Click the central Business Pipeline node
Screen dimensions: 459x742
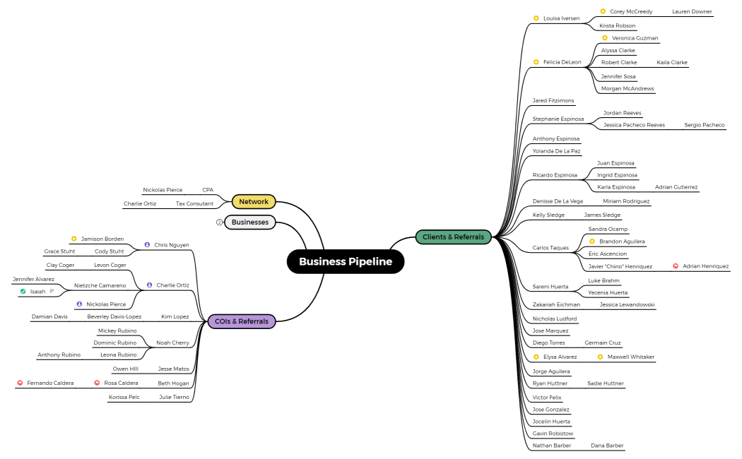coord(346,262)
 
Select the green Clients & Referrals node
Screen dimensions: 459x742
coord(453,237)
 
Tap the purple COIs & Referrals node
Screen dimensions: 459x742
coord(242,321)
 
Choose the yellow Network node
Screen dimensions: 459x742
coord(254,202)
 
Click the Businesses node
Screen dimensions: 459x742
coord(250,222)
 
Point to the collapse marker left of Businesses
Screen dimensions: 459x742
coord(219,222)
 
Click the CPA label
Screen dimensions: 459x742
coord(208,190)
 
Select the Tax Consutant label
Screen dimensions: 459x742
coord(194,204)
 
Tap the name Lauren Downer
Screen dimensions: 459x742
coord(692,11)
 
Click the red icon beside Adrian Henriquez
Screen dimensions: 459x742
coord(676,266)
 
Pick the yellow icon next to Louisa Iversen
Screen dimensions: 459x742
coord(536,18)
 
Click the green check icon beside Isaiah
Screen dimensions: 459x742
coord(23,292)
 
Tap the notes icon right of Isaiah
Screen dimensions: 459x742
coord(52,292)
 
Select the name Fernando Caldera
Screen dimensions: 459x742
coord(50,383)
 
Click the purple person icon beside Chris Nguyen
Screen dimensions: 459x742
coord(147,245)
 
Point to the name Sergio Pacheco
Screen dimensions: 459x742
coord(704,125)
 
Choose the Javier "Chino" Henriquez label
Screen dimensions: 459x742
coord(620,266)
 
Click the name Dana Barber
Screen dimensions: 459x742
coord(607,446)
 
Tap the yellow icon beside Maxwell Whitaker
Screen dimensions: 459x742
coord(600,357)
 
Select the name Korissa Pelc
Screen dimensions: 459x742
coord(124,397)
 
